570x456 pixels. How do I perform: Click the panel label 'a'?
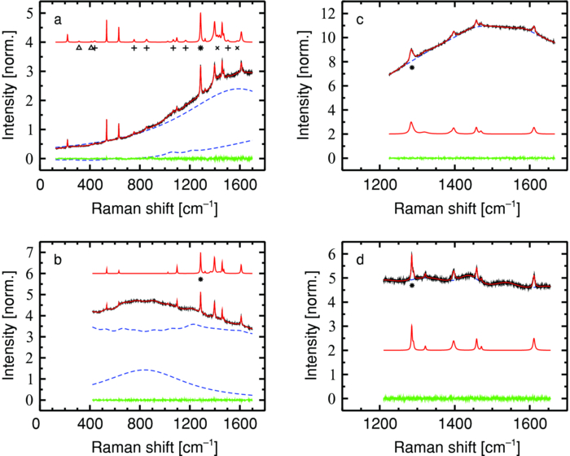(x=56, y=17)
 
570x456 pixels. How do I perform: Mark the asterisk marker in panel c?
(x=412, y=68)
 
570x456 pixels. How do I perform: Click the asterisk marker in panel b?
(x=200, y=279)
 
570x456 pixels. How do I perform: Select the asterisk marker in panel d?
(x=412, y=286)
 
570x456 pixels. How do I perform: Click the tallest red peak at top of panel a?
(x=200, y=14)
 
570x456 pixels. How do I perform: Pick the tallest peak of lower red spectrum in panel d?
(x=412, y=326)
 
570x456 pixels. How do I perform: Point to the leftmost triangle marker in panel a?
(x=78, y=48)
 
